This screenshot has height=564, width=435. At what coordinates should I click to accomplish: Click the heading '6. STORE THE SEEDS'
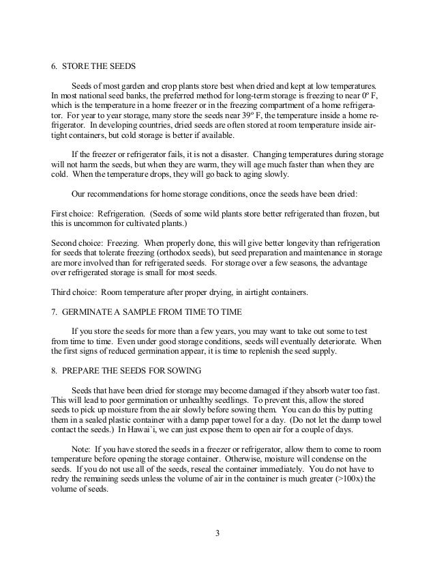94,66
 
